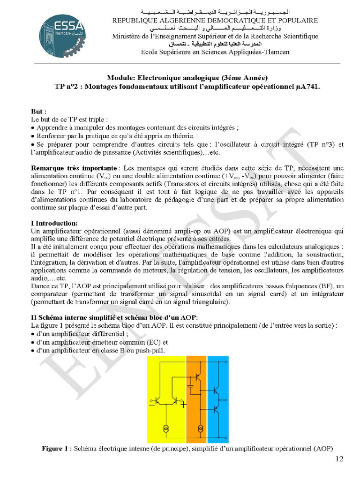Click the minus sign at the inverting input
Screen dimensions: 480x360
tap(151, 404)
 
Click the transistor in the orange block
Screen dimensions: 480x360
tap(199, 374)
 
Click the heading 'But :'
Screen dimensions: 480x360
tap(38, 112)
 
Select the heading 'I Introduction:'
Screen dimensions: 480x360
tap(54, 223)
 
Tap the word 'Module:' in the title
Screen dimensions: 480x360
tap(120, 78)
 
